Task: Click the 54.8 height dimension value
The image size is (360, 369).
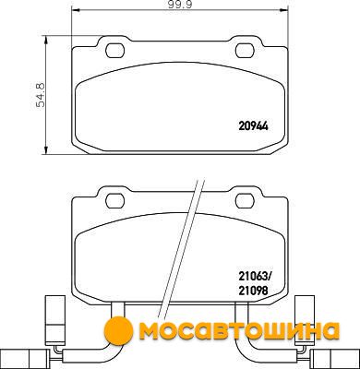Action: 41,95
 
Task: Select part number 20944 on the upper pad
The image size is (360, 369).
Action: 254,126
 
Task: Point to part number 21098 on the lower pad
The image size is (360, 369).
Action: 253,291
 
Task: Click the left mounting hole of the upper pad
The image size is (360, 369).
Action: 115,51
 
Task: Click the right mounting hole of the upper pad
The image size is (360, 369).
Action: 245,51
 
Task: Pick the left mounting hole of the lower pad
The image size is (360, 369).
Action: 115,201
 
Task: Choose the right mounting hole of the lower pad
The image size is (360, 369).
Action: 245,201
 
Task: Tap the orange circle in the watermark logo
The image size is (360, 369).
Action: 118,330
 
